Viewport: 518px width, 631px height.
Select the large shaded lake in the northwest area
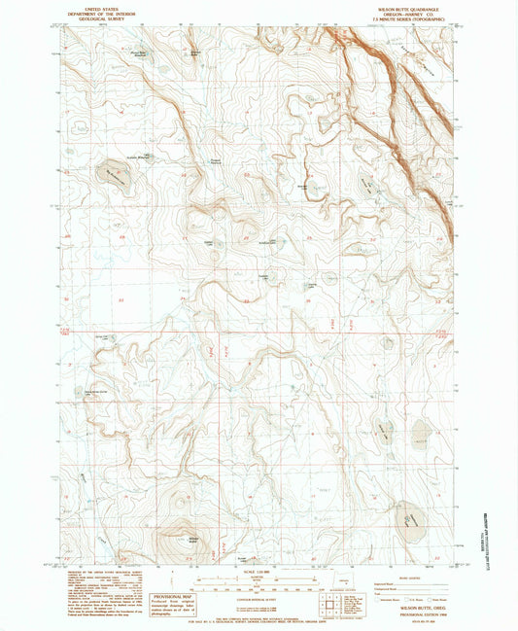pos(115,174)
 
